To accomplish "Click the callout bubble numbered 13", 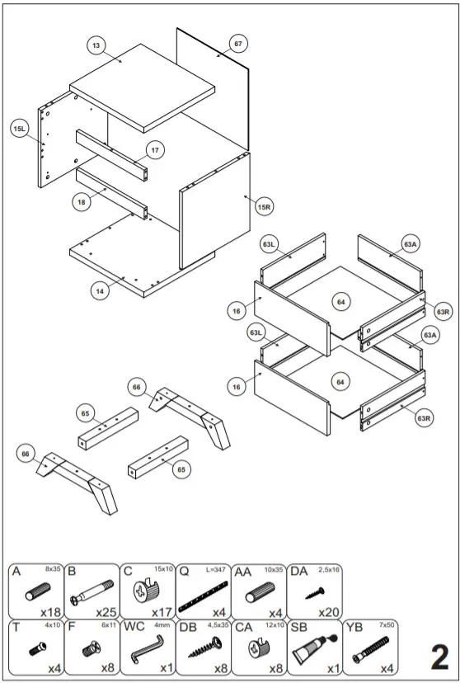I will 97,46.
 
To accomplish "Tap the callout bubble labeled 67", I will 237,44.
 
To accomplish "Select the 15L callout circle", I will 20,129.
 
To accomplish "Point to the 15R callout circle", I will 264,207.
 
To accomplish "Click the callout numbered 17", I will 155,150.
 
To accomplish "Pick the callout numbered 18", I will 81,202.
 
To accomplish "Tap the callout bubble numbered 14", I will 100,291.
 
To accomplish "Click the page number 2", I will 439,657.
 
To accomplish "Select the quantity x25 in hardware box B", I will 106,611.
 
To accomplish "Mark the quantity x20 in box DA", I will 328,611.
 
